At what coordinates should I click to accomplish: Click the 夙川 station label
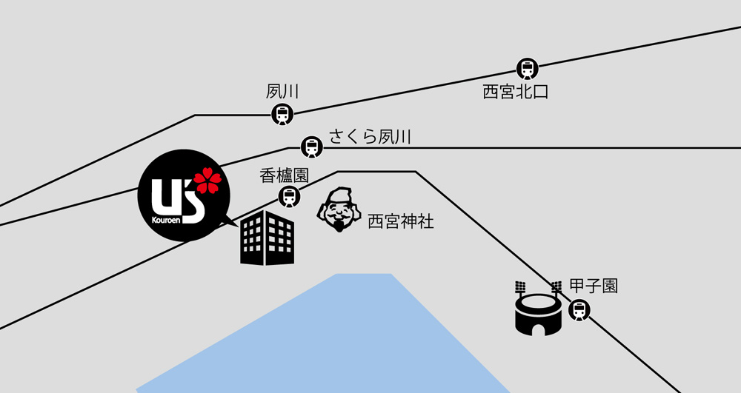282,93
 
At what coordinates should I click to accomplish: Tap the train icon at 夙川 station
282,115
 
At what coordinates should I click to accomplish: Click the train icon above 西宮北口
528,68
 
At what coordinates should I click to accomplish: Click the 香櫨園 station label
284,175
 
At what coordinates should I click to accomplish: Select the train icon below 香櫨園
289,197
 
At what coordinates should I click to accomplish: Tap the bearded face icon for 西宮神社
340,209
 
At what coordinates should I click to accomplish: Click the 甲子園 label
594,286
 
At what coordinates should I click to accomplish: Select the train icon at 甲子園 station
579,310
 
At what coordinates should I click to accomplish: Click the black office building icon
268,238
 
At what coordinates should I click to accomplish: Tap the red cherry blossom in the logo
207,181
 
